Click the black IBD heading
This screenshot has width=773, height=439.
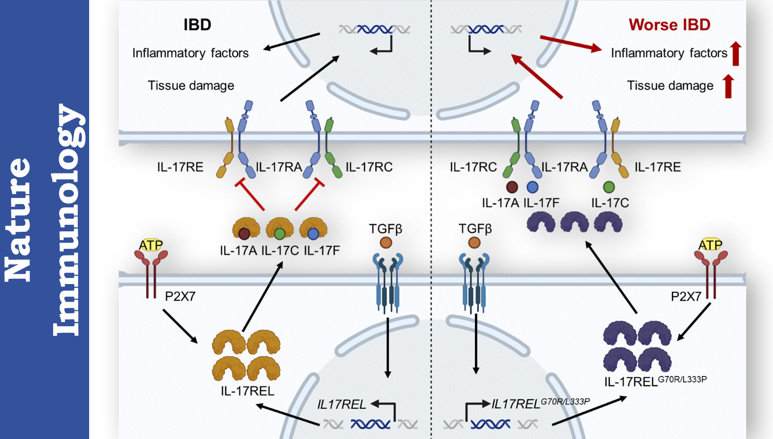(x=197, y=25)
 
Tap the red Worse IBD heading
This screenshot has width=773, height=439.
(x=669, y=25)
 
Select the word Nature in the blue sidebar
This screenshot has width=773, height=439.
(x=18, y=219)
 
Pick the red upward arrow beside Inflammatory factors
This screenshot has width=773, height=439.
(x=736, y=54)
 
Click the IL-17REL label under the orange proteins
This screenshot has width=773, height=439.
(x=247, y=391)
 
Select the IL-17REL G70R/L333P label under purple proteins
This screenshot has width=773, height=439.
(x=655, y=381)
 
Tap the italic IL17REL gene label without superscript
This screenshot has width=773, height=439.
(x=341, y=404)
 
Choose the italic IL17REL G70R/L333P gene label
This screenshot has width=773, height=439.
(x=540, y=403)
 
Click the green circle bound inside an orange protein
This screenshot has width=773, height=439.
(x=280, y=234)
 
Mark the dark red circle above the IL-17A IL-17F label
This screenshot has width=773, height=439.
(x=512, y=187)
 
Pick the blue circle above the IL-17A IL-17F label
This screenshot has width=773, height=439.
(x=532, y=187)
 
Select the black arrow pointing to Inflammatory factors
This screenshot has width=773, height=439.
(x=291, y=42)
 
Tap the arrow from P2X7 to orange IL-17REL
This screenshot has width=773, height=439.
(x=180, y=326)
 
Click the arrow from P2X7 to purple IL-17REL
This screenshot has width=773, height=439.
(x=694, y=322)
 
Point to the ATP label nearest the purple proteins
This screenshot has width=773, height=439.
(x=710, y=245)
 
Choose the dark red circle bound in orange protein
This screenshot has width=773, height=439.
(x=244, y=234)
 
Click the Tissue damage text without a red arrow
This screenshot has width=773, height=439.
(x=191, y=86)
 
